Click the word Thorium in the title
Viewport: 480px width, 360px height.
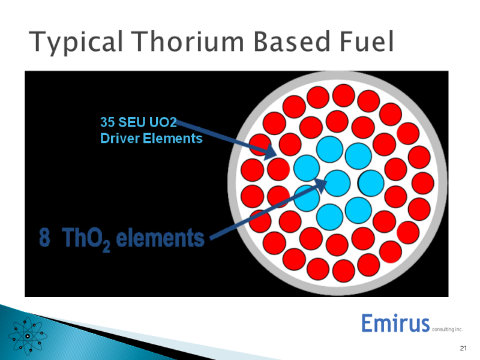(187, 41)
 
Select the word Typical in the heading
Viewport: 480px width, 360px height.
(76, 42)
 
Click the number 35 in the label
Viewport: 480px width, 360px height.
(107, 122)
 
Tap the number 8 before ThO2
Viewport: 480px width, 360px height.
(44, 237)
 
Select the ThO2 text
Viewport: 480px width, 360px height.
(86, 239)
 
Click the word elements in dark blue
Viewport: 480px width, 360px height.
(160, 238)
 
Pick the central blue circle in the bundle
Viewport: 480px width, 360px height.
(337, 183)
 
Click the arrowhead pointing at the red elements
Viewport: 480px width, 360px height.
(269, 152)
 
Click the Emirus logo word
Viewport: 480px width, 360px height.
(395, 323)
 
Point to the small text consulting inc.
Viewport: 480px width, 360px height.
(447, 329)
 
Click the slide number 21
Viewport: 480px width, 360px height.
(463, 348)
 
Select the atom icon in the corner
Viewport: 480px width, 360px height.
(28, 336)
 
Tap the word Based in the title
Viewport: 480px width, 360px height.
(292, 41)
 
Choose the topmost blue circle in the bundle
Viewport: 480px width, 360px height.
(329, 149)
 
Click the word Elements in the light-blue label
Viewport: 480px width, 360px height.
(173, 139)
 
